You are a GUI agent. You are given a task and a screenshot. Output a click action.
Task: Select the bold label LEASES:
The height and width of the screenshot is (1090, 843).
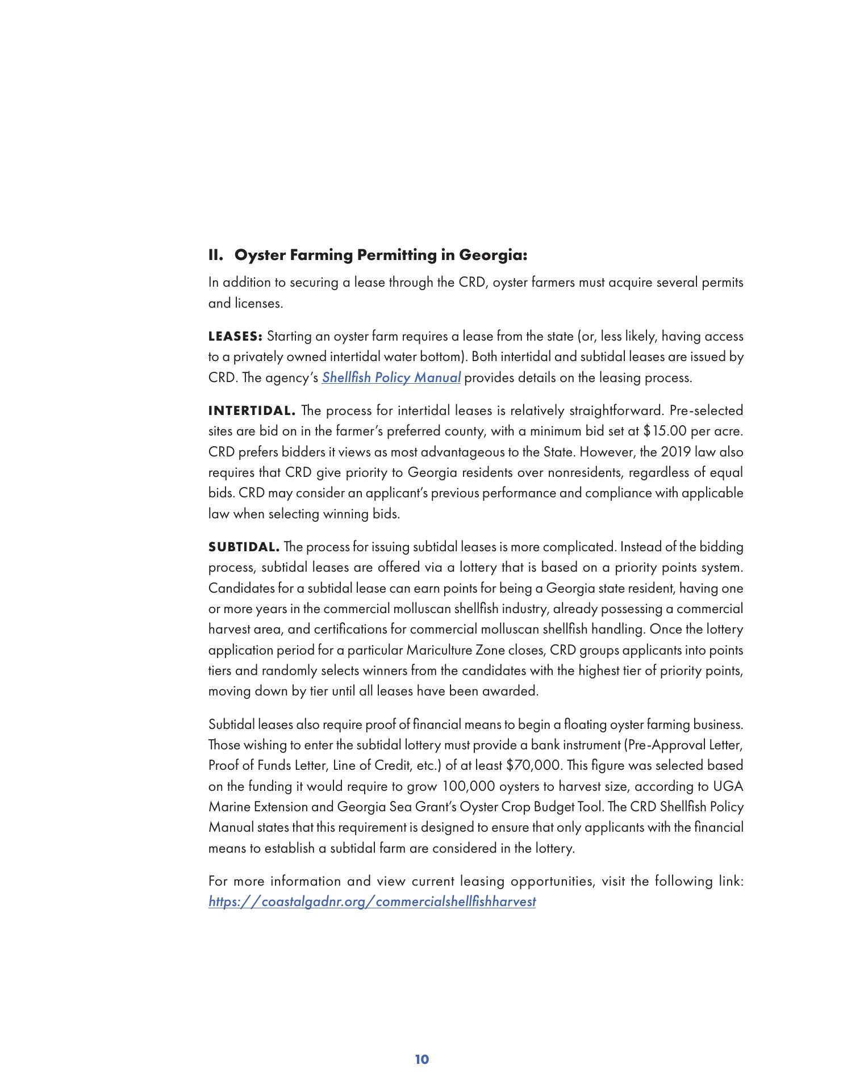coord(235,337)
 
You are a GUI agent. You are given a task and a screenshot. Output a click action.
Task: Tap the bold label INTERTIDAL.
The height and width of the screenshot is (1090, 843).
coord(252,410)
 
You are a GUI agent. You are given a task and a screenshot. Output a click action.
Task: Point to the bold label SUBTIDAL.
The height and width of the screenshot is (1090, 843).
coord(244,547)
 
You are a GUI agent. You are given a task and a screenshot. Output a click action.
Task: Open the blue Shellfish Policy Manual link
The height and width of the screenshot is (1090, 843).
coord(391,378)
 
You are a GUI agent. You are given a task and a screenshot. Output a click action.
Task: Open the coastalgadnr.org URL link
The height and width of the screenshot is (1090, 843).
coord(372,902)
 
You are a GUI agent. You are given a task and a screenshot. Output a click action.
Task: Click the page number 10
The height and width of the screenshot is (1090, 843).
coord(421,1059)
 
